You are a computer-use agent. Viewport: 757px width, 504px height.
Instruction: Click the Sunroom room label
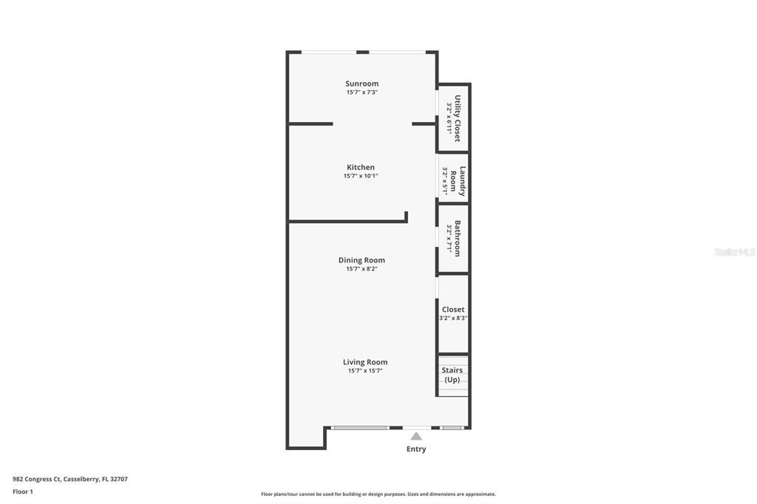(x=361, y=84)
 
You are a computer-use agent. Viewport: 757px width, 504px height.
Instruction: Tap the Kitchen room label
(x=361, y=167)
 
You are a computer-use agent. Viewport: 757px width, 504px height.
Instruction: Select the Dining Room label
(x=361, y=260)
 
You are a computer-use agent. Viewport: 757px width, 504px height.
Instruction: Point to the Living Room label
(x=364, y=362)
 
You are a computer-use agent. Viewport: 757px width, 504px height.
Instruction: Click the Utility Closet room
(x=453, y=118)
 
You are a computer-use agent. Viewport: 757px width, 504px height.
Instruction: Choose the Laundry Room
(x=453, y=180)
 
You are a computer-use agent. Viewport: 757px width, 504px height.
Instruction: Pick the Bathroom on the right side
(x=453, y=239)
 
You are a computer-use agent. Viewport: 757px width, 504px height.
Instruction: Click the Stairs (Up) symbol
(x=452, y=375)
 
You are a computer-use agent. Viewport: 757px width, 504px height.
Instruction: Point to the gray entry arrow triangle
(x=416, y=436)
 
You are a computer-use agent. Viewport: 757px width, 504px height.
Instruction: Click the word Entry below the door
(x=416, y=449)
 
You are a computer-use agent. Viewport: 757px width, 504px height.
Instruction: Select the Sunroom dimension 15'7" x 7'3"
(x=361, y=92)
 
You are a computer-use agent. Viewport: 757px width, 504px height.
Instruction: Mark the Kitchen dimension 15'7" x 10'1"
(x=361, y=176)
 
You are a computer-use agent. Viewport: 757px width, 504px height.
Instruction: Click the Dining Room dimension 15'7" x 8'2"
(x=361, y=269)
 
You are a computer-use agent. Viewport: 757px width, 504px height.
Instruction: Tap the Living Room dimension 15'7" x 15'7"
(x=364, y=371)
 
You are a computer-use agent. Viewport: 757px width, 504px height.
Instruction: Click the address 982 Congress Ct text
(x=70, y=479)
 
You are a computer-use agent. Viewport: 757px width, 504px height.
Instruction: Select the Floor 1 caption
(x=23, y=491)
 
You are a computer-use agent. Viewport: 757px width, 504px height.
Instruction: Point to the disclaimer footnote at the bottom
(x=378, y=494)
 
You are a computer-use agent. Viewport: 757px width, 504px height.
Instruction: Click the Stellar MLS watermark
(x=734, y=252)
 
